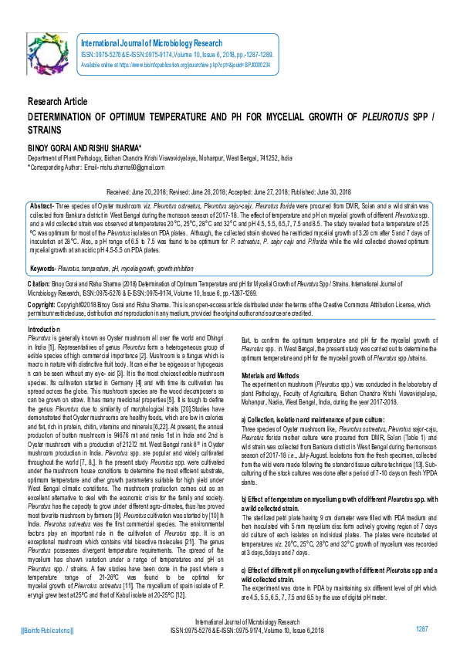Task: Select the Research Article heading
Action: click(x=58, y=103)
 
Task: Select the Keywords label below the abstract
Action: click(x=42, y=268)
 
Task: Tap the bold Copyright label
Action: click(x=42, y=305)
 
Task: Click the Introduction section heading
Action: click(x=49, y=329)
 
